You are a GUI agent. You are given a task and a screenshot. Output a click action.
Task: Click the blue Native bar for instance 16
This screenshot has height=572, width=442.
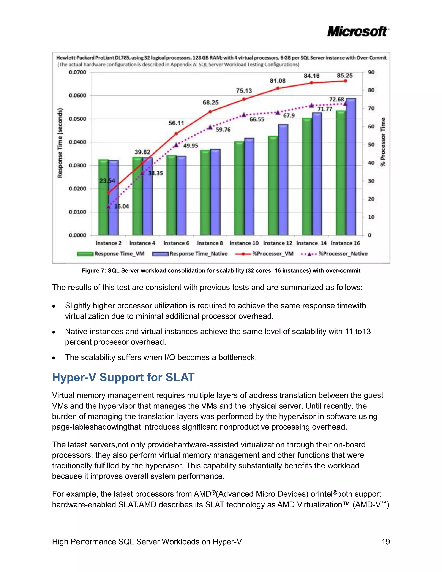pyautogui.click(x=351, y=168)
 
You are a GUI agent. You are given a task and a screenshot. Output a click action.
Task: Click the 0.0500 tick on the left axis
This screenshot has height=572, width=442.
pyautogui.click(x=77, y=119)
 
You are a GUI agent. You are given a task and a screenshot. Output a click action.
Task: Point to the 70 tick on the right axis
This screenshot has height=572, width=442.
pyautogui.click(x=371, y=108)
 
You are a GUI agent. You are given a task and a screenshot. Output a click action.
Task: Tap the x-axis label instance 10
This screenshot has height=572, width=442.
pyautogui.click(x=244, y=243)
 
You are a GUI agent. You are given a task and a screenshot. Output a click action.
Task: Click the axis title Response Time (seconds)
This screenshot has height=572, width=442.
pyautogui.click(x=60, y=143)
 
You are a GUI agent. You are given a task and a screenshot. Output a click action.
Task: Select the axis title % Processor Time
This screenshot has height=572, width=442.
pyautogui.click(x=383, y=142)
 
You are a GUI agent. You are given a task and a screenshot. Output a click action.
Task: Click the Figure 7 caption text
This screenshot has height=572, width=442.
pyautogui.click(x=221, y=270)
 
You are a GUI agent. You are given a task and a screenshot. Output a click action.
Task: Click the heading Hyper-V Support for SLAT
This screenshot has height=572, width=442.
pyautogui.click(x=123, y=377)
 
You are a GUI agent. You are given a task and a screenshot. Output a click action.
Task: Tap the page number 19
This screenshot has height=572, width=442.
pyautogui.click(x=385, y=542)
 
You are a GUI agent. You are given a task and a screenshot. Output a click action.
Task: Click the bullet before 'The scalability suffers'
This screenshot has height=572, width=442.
pyautogui.click(x=54, y=358)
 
